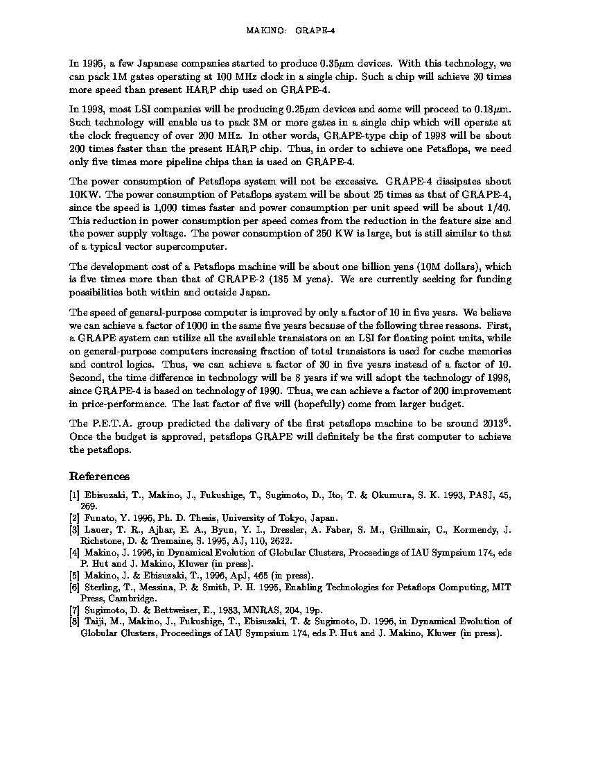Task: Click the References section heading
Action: (99, 477)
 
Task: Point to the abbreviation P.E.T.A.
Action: (105, 424)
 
